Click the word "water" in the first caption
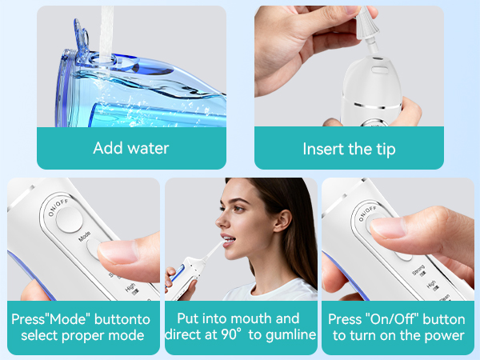149,148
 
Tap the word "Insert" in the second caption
322,149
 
